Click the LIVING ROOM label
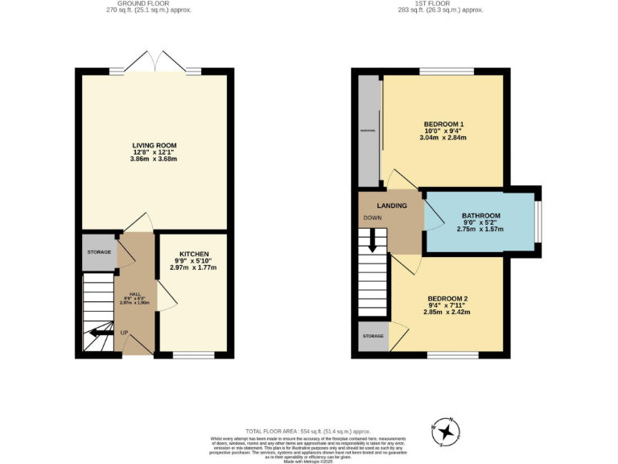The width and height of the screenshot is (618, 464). coord(154,146)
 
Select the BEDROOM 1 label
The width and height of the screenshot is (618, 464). coord(444,123)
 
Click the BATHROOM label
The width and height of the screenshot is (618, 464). coord(481,216)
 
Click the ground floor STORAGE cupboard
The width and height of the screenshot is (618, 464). coord(99,252)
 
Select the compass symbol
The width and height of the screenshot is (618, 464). coord(445,433)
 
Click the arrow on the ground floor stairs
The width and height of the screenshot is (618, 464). coord(101,331)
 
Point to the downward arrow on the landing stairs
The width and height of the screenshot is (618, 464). coord(372,241)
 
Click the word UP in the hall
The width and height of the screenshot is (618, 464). coord(125,332)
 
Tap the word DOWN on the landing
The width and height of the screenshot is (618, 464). coord(373,218)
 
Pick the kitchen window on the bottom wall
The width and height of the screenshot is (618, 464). coord(193,354)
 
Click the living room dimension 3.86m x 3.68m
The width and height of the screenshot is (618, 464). coord(154,159)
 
